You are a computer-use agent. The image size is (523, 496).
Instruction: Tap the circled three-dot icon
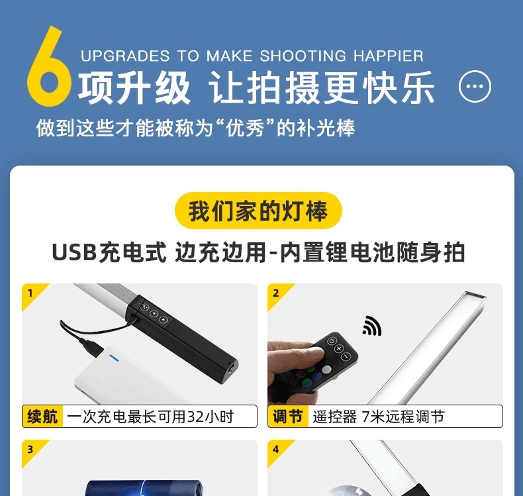(475, 86)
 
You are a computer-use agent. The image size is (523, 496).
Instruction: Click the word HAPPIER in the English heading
(388, 56)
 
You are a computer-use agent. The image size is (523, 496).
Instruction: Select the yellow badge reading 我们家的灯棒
(258, 211)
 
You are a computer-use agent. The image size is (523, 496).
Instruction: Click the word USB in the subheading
(74, 252)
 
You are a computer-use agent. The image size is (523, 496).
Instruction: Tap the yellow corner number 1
(30, 293)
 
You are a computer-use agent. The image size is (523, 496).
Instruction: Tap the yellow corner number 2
(276, 293)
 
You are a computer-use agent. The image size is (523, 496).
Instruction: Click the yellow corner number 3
(30, 449)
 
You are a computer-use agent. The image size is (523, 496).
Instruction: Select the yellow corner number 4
(276, 449)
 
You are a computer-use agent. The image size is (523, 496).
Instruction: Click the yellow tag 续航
(42, 417)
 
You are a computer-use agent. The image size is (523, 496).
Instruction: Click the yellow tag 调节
(288, 417)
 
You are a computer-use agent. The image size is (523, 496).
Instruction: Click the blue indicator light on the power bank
(114, 358)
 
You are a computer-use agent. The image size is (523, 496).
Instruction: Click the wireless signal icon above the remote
(372, 325)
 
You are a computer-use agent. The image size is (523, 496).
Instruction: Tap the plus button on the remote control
(339, 348)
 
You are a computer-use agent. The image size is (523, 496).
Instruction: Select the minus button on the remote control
(346, 356)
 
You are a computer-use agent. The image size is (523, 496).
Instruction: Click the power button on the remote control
(331, 341)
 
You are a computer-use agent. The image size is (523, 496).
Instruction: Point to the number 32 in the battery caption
(196, 417)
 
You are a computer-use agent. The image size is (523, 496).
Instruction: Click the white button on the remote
(326, 370)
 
